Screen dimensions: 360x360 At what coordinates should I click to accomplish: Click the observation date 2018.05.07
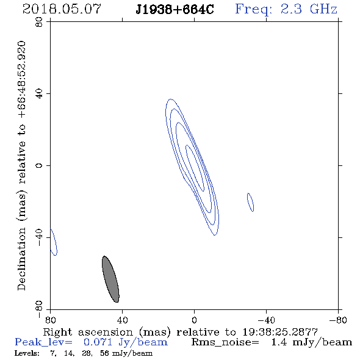(62, 9)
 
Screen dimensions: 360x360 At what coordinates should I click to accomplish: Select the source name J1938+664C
(175, 10)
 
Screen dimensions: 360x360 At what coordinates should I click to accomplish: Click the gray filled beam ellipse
(110, 279)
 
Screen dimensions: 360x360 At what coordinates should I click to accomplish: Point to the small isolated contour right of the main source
(250, 202)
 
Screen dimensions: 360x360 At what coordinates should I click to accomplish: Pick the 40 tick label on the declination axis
(39, 94)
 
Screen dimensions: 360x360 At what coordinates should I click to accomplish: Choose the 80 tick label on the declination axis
(39, 22)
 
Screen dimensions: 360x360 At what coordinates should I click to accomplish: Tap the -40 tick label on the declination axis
(39, 237)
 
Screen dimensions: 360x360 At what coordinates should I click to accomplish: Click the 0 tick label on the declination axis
(39, 165)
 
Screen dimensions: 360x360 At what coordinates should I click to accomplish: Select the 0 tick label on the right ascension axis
(194, 320)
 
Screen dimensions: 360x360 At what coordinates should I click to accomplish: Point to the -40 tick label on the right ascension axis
(266, 320)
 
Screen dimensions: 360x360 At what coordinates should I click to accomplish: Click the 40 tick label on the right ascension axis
(122, 320)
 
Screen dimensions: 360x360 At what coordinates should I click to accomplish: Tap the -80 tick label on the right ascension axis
(338, 320)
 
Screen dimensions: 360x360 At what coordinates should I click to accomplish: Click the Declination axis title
(21, 165)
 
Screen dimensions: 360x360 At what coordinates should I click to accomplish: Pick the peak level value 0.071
(98, 342)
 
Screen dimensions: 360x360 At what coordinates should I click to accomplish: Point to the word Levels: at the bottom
(27, 353)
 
